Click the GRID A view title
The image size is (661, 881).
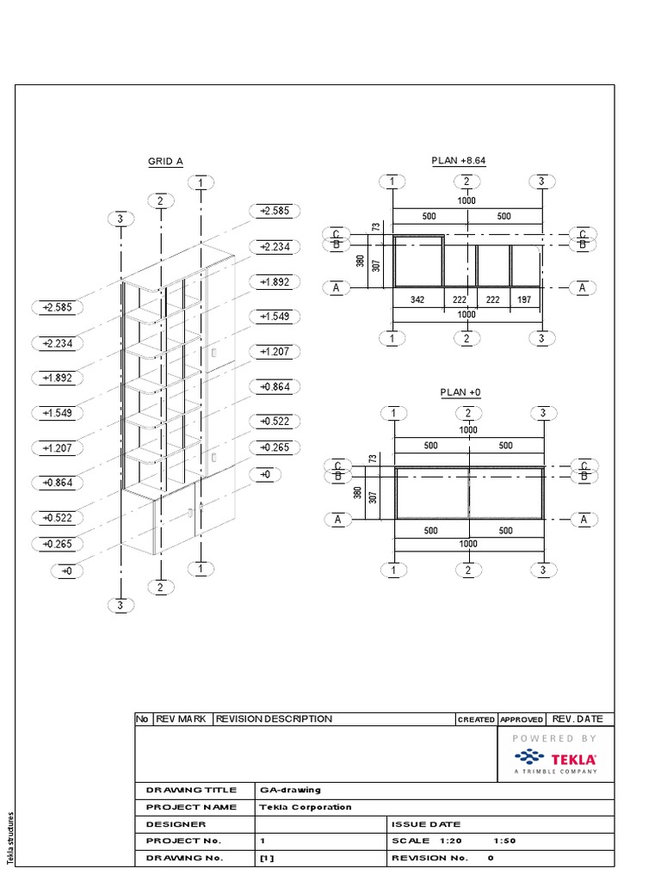click(165, 161)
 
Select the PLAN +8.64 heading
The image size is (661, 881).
click(459, 161)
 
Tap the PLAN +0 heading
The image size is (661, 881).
click(460, 392)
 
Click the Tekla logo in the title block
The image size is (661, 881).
click(555, 759)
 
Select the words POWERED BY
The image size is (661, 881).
click(555, 738)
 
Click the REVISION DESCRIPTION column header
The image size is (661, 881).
click(274, 719)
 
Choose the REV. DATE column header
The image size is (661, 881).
click(578, 719)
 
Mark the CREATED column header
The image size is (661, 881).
click(476, 719)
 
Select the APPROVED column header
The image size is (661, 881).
click(522, 719)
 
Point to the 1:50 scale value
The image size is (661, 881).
click(504, 841)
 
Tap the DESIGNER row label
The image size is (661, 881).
click(176, 824)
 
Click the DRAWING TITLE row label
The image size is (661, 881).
click(187, 790)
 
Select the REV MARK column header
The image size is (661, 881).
click(181, 719)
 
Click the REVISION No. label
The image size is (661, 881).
click(429, 858)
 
